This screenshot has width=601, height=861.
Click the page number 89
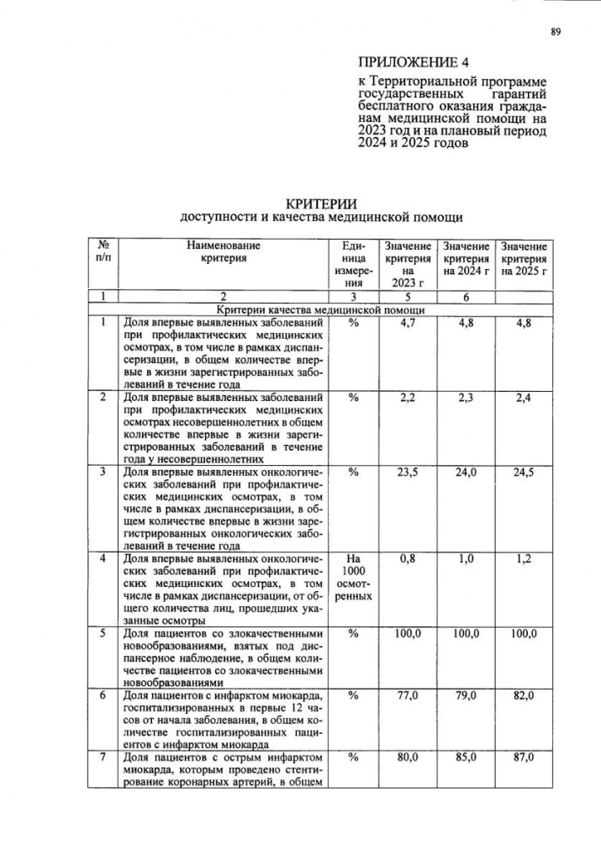point(555,32)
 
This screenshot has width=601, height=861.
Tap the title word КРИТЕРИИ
point(322,204)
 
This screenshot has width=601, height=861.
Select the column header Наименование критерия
point(224,252)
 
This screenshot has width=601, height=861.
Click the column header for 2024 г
point(467,259)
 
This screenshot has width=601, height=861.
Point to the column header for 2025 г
point(524,259)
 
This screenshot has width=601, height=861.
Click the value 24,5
point(524,473)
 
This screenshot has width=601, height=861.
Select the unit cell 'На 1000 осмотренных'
point(353,576)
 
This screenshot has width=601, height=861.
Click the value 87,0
point(524,758)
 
